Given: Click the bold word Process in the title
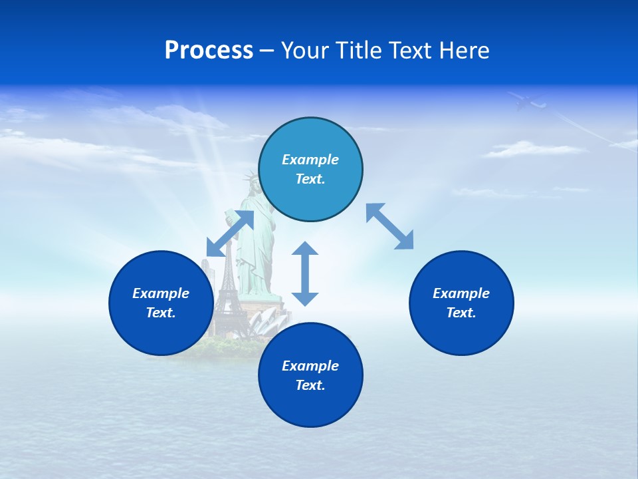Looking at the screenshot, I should click(209, 51).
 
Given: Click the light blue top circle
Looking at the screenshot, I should click(310, 169).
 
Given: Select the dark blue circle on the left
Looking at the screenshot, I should click(161, 303).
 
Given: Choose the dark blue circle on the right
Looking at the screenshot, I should click(461, 303).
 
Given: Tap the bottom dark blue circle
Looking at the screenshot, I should click(310, 375).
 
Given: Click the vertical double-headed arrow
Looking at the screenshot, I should click(305, 273).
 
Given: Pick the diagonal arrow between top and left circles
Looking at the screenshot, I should click(230, 234).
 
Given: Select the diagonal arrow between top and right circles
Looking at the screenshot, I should click(389, 226).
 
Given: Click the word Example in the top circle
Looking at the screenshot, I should click(310, 160).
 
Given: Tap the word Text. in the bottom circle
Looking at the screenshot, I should click(310, 385).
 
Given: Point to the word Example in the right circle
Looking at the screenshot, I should click(461, 293).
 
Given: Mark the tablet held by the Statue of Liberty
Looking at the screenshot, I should click(230, 217).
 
